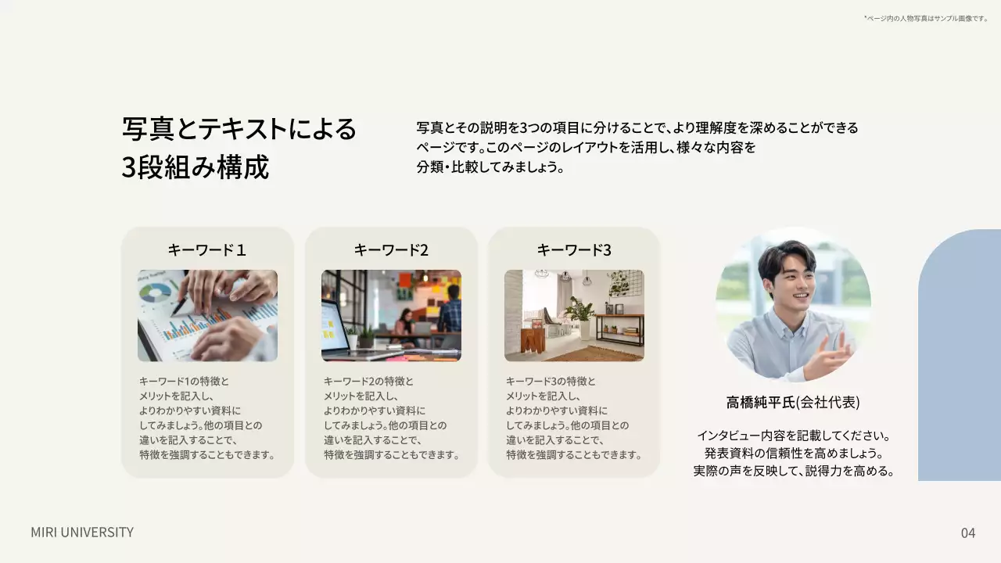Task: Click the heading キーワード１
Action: point(207,250)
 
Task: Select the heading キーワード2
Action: point(391,250)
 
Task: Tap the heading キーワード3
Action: point(574,250)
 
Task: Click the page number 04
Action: point(968,533)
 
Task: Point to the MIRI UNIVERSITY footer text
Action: point(82,533)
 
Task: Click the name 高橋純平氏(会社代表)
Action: point(793,403)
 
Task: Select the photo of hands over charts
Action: point(207,316)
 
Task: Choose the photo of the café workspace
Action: point(391,316)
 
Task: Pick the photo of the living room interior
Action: point(574,316)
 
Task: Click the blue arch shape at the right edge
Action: point(960,360)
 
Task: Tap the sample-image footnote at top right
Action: point(926,18)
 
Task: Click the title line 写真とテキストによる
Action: point(239,129)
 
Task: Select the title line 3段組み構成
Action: point(196,167)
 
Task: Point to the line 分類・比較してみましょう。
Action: point(490,167)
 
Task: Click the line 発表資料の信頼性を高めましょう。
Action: point(793,454)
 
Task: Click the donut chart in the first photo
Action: point(156,293)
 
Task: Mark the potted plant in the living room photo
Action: point(581,313)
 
